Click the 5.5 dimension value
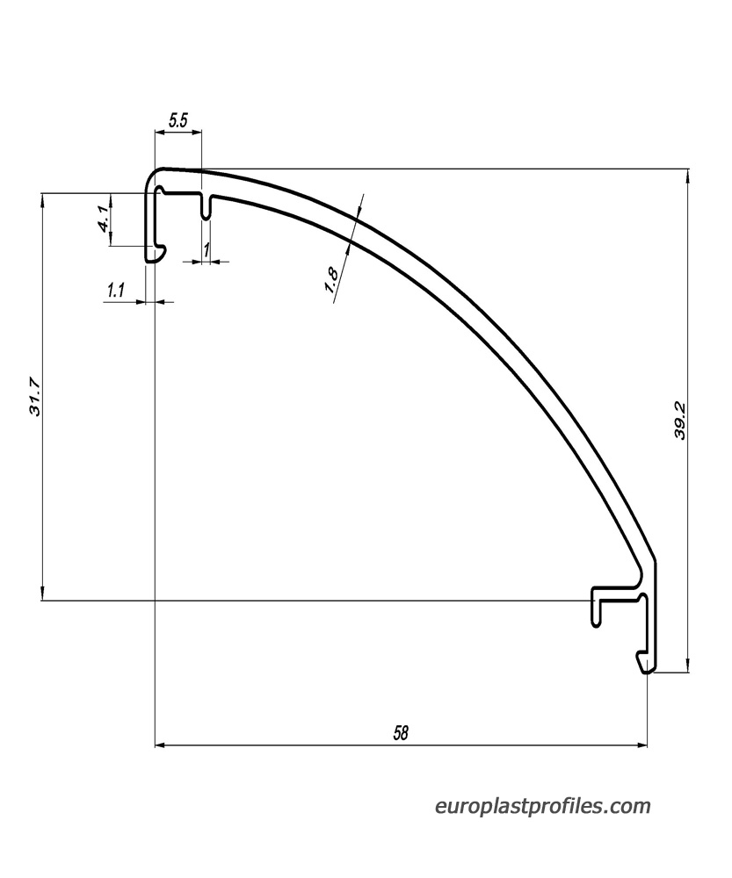click(x=178, y=120)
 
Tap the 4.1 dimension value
click(x=104, y=219)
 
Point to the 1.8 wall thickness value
click(x=332, y=280)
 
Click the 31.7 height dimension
click(x=35, y=397)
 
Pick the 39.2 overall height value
click(x=680, y=421)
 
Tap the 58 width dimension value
click(x=401, y=732)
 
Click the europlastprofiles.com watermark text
click(x=542, y=806)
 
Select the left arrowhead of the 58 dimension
click(x=160, y=745)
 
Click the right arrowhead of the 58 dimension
click(x=641, y=745)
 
